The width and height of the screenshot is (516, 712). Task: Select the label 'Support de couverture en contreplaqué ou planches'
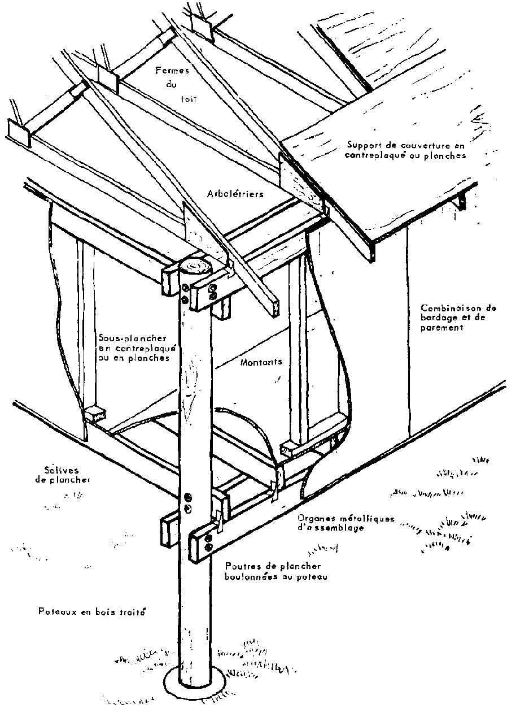pyautogui.click(x=406, y=149)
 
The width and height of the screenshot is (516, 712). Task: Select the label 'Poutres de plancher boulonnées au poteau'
pyautogui.click(x=273, y=571)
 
